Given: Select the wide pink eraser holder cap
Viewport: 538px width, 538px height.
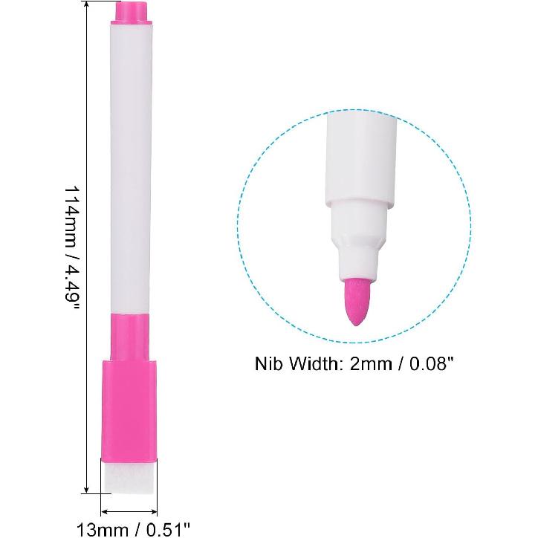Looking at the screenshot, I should pos(129,410).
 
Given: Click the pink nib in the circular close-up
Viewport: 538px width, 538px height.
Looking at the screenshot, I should pos(359,301).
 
